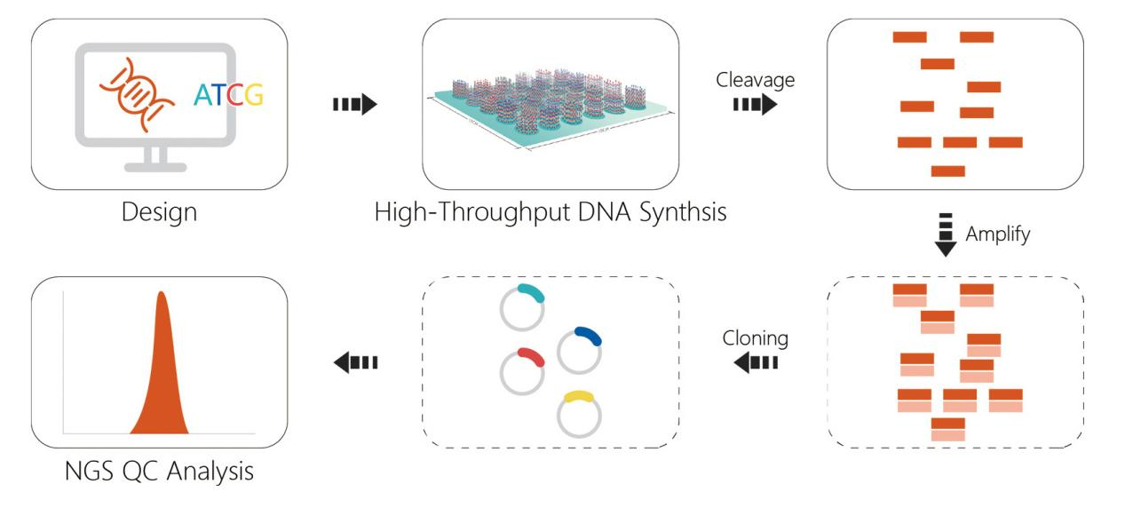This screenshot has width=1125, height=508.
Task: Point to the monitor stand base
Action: pos(155,166)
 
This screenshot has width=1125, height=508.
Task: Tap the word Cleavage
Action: pos(755,80)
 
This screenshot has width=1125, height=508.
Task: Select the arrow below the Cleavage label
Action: pos(754,106)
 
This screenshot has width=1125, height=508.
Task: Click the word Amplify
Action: pos(998,236)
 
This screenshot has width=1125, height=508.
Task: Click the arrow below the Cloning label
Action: pos(756,362)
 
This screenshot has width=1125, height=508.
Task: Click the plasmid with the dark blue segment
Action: pos(579,349)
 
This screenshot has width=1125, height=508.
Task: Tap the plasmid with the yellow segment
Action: pos(579,413)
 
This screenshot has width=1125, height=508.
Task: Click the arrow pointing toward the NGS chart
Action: pos(355,361)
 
